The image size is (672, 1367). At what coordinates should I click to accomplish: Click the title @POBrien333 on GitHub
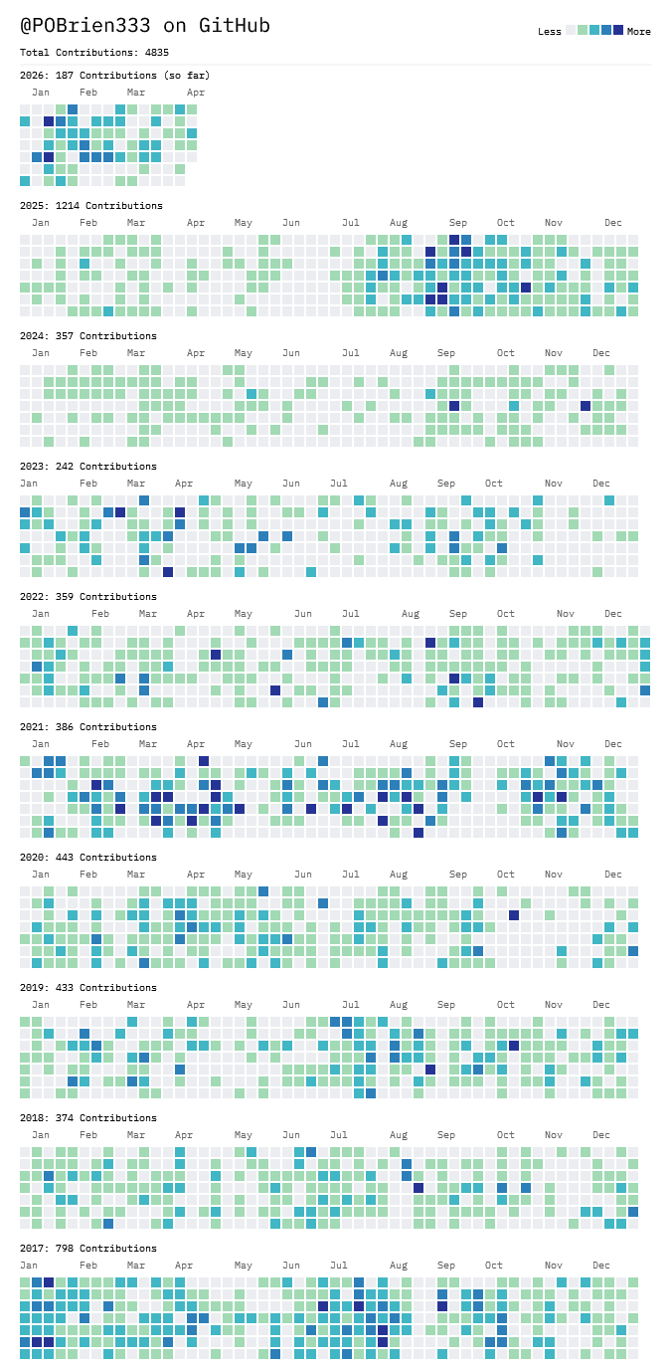point(145,25)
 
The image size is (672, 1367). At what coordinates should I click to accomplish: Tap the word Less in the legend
point(550,32)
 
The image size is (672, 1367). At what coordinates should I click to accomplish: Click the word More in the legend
point(638,32)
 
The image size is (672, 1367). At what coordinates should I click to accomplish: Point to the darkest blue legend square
point(618,31)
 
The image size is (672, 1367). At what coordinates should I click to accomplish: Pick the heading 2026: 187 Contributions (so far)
point(114,75)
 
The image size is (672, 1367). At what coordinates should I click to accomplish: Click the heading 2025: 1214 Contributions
point(90,205)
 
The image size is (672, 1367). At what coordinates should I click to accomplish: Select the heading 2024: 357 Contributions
point(87,335)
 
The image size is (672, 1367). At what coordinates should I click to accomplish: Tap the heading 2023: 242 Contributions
point(87,466)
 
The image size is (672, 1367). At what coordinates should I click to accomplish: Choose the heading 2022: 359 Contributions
point(87,596)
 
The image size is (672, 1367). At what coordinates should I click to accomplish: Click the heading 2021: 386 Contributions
point(87,726)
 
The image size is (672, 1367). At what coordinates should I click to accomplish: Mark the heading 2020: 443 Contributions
point(87,857)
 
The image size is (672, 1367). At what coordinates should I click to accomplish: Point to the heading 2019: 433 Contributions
point(87,987)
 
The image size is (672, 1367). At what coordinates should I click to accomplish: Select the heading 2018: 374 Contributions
point(87,1117)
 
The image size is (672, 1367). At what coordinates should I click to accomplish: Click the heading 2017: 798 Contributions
point(87,1248)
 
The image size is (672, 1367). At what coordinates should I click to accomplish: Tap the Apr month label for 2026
point(196,92)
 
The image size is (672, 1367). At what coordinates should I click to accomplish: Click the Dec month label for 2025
point(613,222)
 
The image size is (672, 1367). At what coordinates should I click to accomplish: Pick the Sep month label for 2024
point(446,352)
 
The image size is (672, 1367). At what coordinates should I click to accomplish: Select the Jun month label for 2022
point(303,613)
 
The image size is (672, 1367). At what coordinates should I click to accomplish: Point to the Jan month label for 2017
point(41,1265)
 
